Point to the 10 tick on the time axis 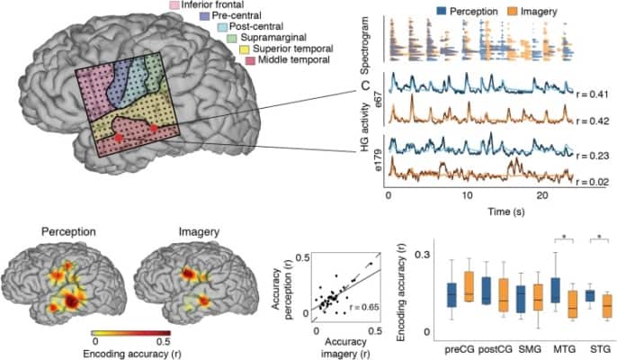(467, 195)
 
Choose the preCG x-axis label (458, 347)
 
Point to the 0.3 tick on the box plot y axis (431, 256)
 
